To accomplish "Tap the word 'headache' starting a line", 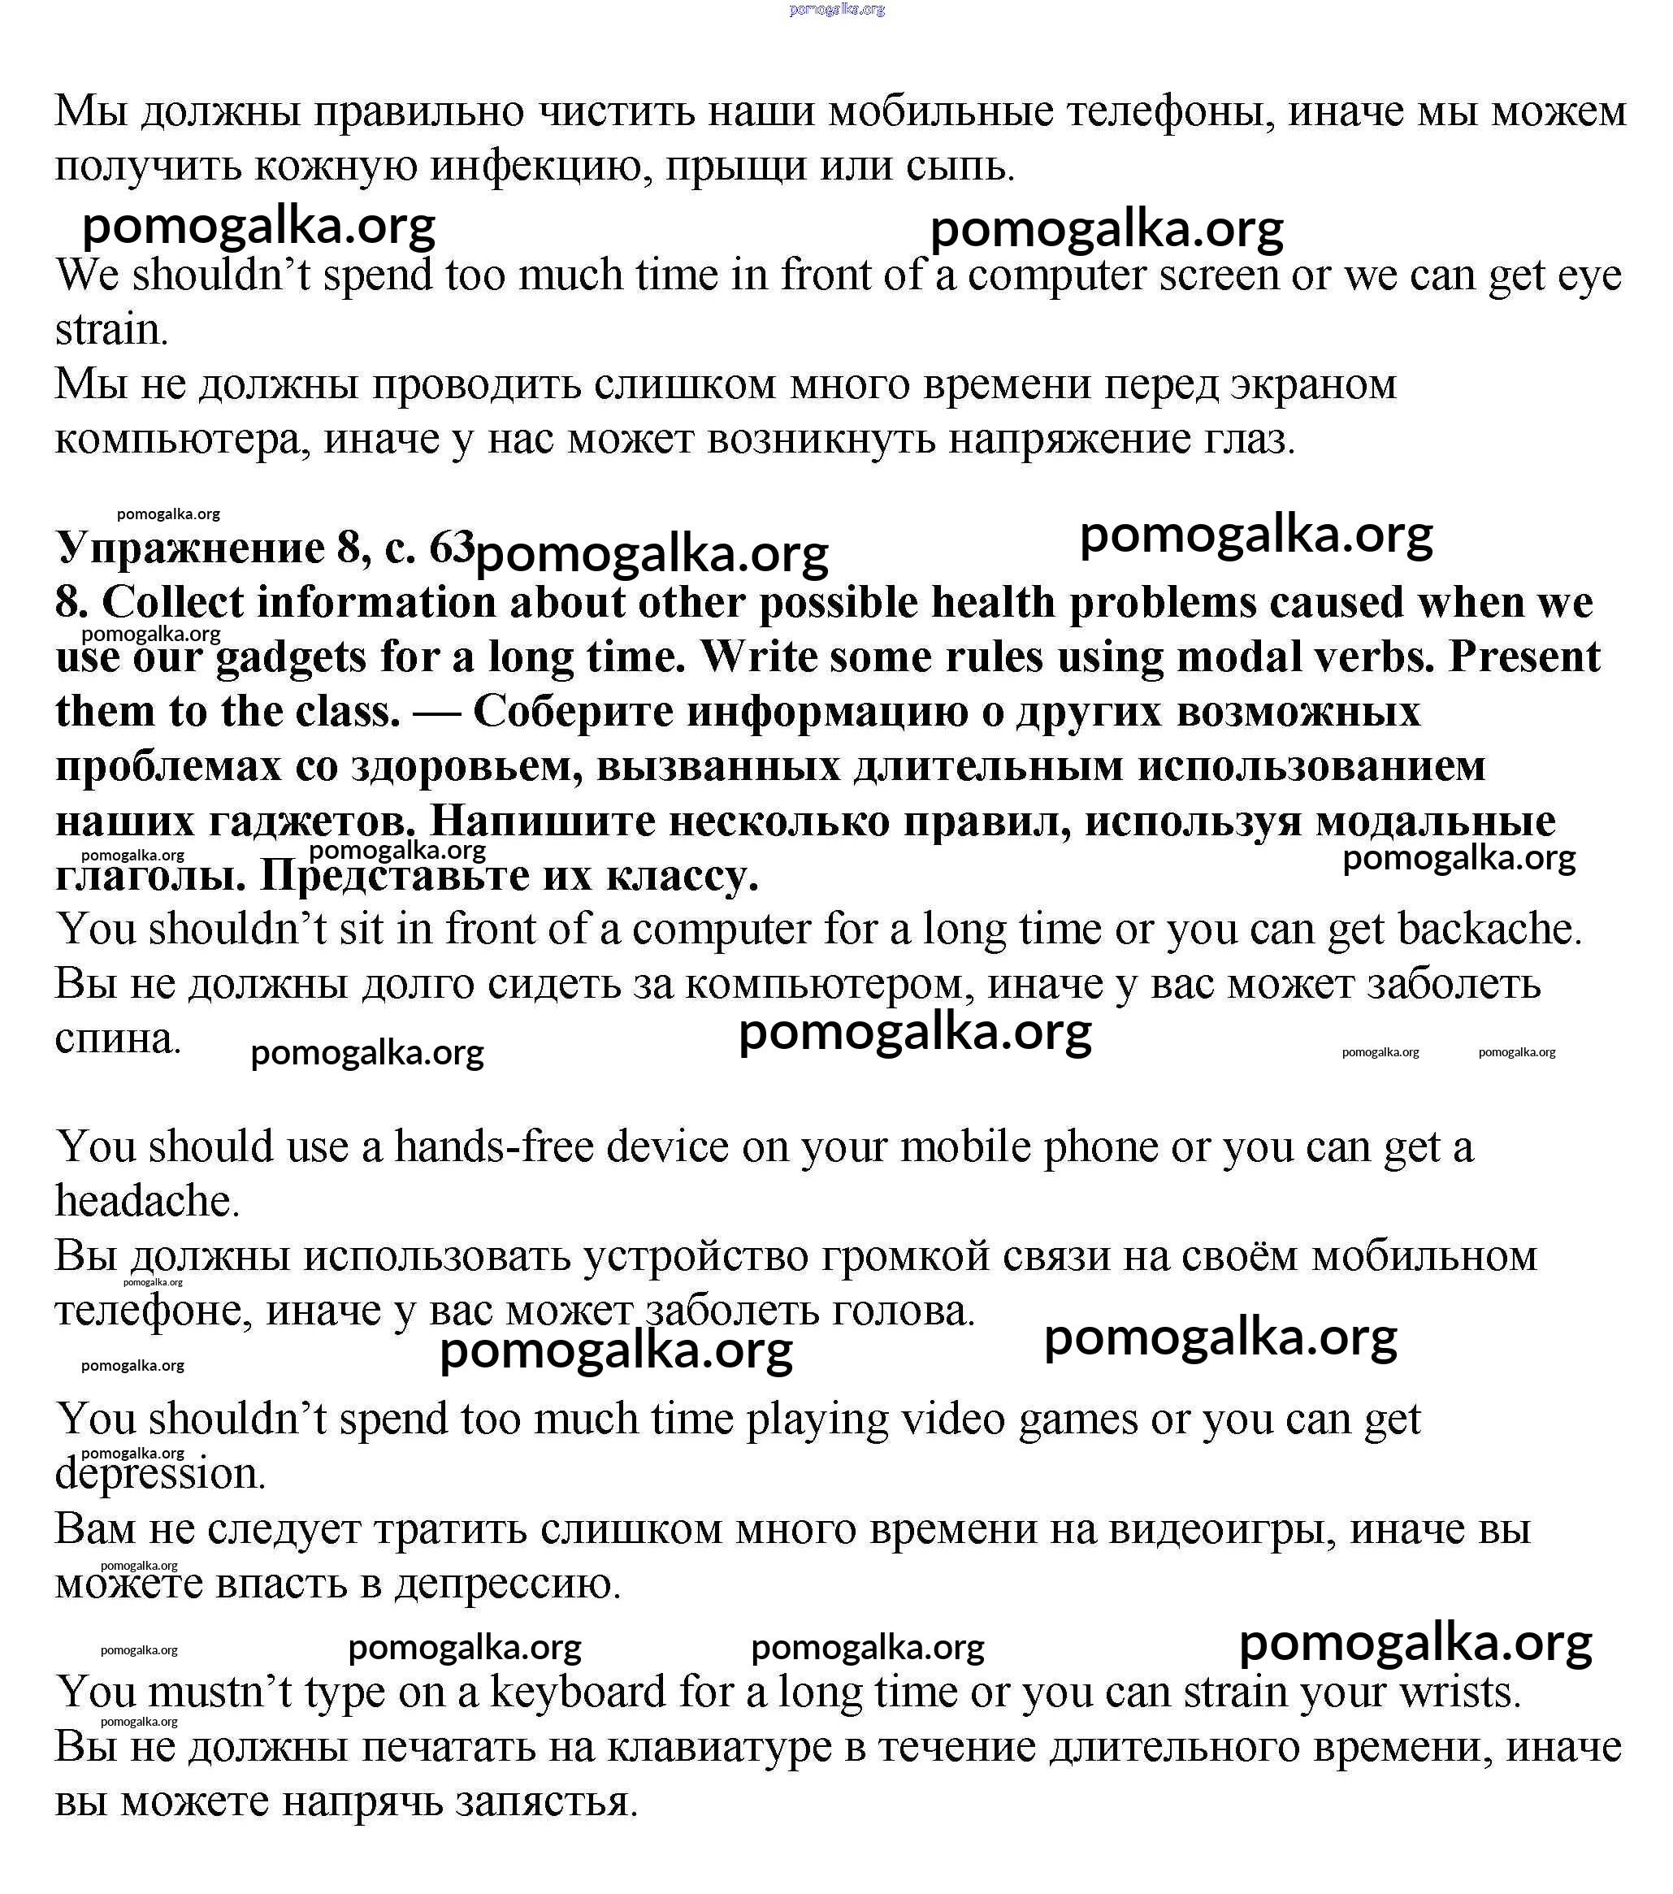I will pos(146,1202).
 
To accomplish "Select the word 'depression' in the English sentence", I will pos(159,1474).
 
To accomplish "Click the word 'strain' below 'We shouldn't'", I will pos(111,330).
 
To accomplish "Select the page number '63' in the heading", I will pos(453,548).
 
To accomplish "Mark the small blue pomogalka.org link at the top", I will pos(837,9).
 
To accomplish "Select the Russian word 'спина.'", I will pos(118,1038).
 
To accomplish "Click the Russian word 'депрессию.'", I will pos(507,1584).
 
